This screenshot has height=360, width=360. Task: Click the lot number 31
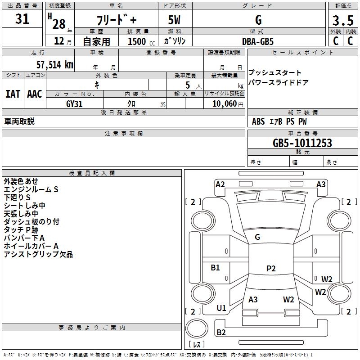[x=22, y=19]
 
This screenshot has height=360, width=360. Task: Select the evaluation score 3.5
[x=342, y=21]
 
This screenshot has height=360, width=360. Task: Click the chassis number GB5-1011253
[x=302, y=143]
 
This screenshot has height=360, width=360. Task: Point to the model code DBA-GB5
[x=257, y=41]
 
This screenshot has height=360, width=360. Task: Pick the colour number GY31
[x=74, y=103]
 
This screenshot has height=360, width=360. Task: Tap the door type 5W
[x=175, y=21]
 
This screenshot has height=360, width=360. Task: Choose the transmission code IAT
[x=13, y=94]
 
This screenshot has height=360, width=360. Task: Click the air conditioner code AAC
[x=35, y=94]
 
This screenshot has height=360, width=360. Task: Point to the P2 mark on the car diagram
[x=270, y=269]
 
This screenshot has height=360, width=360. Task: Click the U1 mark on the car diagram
[x=221, y=308]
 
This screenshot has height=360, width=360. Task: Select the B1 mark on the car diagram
[x=216, y=268]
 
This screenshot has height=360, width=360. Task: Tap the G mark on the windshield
[x=257, y=237]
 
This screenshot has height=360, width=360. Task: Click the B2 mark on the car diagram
[x=221, y=333]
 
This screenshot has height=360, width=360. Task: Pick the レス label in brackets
[x=196, y=345]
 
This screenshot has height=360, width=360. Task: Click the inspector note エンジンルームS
[x=31, y=189]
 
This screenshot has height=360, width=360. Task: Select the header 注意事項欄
[x=123, y=134]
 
